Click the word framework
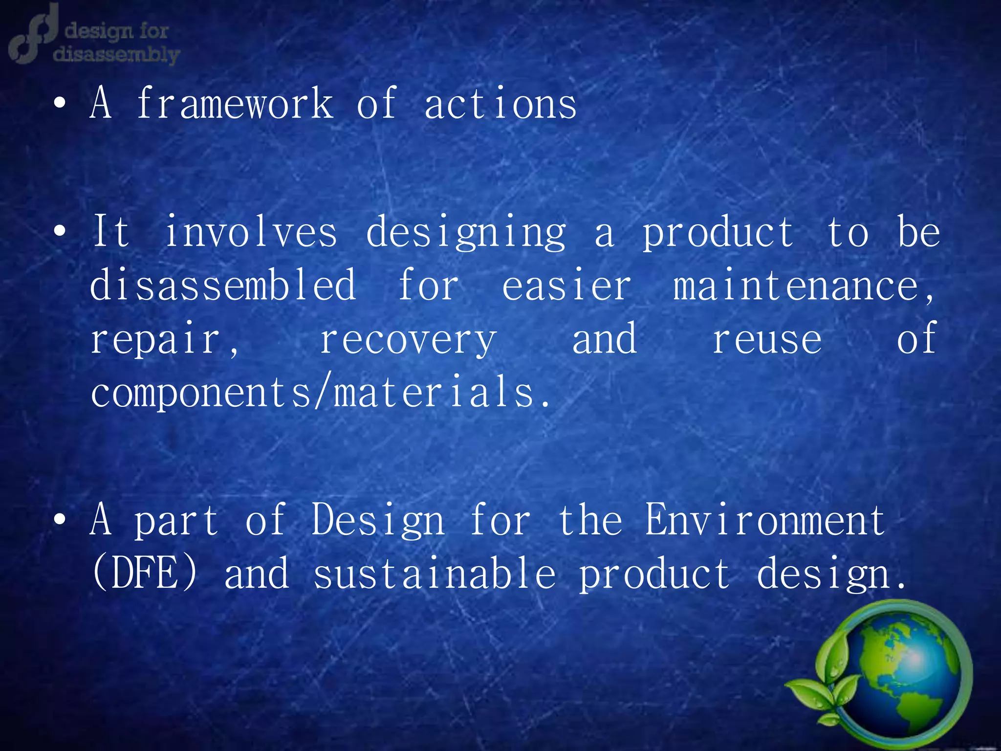[235, 104]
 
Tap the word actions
[500, 104]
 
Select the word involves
[251, 232]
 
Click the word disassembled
[223, 286]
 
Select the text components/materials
[320, 393]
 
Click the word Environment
[765, 520]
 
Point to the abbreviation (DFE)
[145, 573]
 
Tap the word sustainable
[434, 573]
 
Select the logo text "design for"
[116, 31]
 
